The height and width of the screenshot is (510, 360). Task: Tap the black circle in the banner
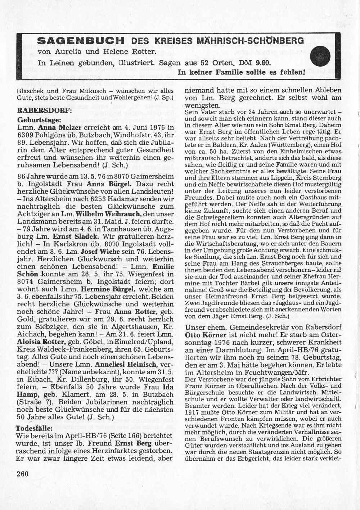[320, 57]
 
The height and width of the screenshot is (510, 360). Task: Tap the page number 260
[22, 473]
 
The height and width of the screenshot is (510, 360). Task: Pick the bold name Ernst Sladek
[75, 236]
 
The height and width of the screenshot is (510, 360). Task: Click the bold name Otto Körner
[203, 334]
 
